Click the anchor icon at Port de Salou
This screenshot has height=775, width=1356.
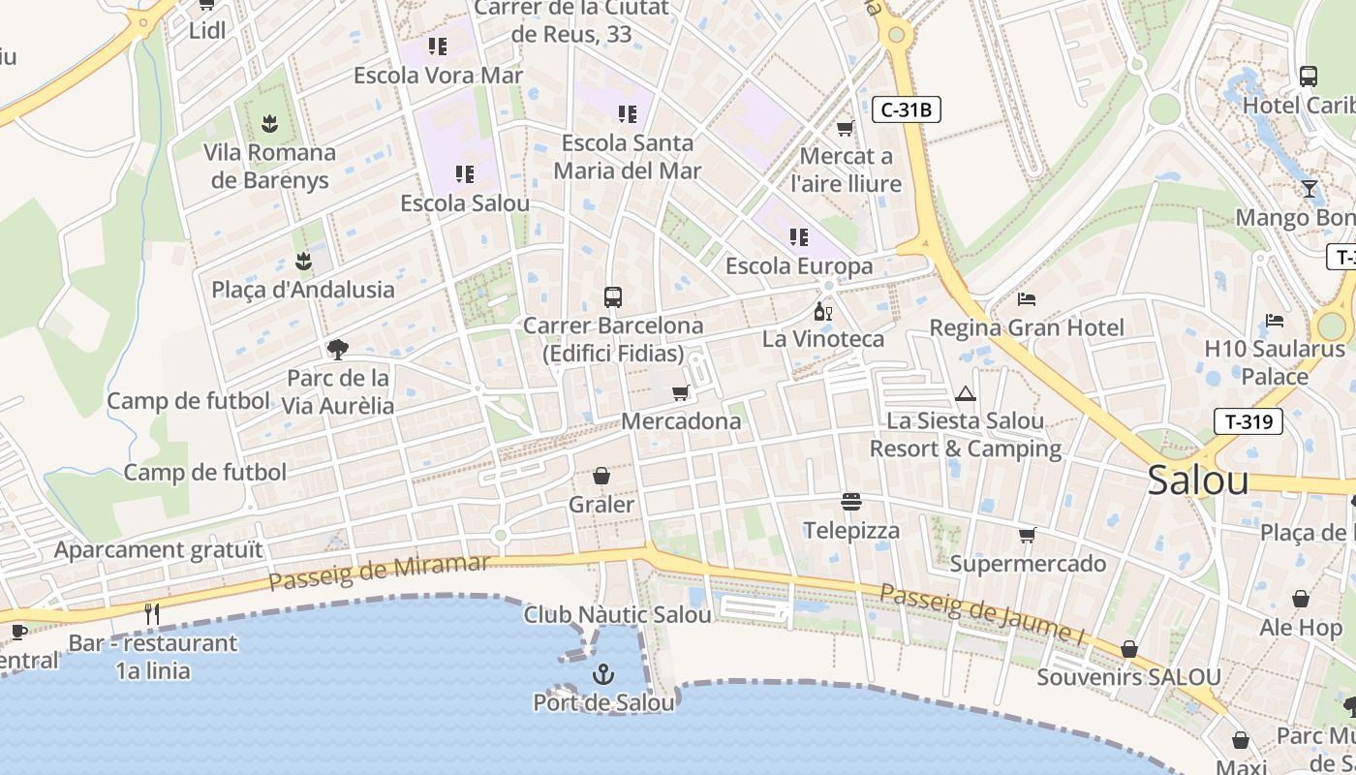click(603, 673)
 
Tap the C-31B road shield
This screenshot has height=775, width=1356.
click(907, 109)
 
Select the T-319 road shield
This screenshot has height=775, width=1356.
click(1248, 420)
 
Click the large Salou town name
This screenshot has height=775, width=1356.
click(1197, 480)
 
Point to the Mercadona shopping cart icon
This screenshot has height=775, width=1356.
click(681, 393)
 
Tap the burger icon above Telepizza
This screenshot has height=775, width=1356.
click(851, 502)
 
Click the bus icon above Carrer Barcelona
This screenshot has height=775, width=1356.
click(612, 296)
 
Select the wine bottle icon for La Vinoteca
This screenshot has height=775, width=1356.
click(822, 311)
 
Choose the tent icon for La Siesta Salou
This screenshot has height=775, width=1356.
click(965, 393)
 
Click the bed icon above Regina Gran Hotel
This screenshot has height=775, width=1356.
click(1027, 299)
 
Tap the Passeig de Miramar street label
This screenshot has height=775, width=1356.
click(380, 573)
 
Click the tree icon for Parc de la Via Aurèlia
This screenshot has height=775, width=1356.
click(338, 349)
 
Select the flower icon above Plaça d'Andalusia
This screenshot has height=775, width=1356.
click(303, 261)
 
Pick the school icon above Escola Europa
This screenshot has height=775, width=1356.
click(798, 237)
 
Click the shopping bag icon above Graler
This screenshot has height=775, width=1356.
click(601, 476)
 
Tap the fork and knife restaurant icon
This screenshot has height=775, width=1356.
click(151, 613)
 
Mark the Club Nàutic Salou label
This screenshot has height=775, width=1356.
click(617, 614)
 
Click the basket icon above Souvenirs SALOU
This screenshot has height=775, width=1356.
click(1128, 649)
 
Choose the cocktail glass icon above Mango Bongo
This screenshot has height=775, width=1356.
click(1310, 189)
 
